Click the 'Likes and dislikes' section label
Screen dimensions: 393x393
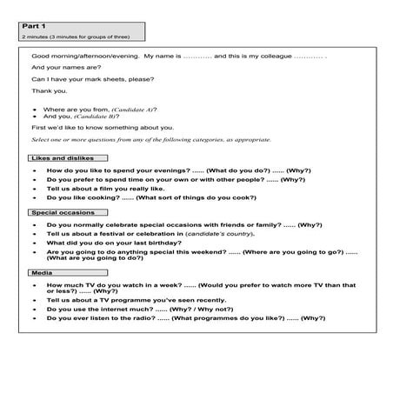68,158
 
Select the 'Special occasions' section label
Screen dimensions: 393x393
64,212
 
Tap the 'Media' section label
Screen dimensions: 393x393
42,273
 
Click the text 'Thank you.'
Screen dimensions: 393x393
49,90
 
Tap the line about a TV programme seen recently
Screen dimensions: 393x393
127,299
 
